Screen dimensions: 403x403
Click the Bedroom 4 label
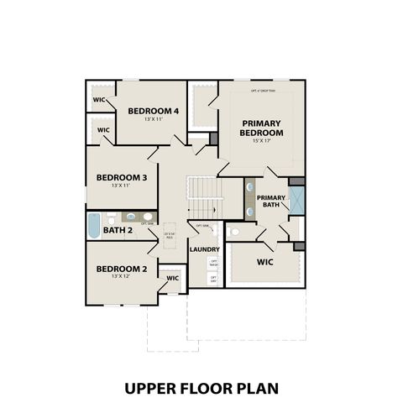(x=153, y=111)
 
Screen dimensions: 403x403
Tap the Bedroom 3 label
(x=122, y=177)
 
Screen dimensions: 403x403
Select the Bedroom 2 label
(x=122, y=269)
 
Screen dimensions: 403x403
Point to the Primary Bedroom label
(x=260, y=128)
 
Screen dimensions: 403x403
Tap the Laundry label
(x=205, y=249)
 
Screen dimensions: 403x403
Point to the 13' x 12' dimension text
(x=122, y=276)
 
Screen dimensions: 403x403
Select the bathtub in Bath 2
(x=93, y=225)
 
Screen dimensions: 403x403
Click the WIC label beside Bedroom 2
(x=172, y=278)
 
